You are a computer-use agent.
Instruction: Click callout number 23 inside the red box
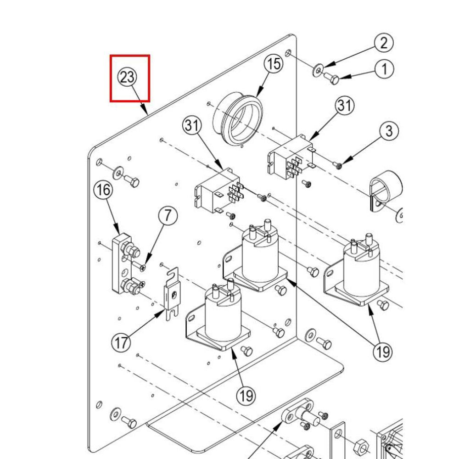coord(127,77)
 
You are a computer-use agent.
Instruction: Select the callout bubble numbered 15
coord(274,64)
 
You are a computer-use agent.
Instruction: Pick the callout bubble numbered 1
coord(384,69)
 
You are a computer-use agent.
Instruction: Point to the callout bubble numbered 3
coord(389,131)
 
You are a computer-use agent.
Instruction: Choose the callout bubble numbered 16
coord(103,190)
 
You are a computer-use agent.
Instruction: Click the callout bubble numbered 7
coord(168,215)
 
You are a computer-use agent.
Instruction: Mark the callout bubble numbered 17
coord(122,343)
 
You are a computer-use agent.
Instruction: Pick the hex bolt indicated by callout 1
coord(332,78)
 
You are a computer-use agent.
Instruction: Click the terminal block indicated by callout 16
coord(124,265)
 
